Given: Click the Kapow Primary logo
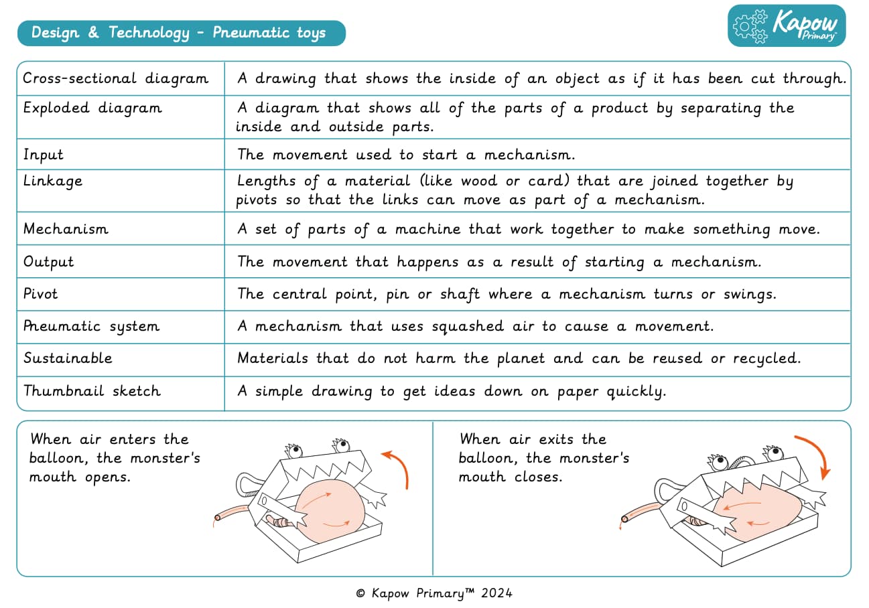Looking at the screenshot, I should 787,26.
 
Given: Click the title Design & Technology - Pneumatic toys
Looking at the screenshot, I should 178,33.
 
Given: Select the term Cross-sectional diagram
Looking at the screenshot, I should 116,78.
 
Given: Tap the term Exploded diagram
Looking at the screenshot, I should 92,108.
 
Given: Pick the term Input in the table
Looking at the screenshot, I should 44,155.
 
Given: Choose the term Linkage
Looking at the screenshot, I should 53,181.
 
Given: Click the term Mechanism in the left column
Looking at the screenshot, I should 66,229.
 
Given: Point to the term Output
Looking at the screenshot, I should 49,262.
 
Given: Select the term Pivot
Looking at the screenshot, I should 41,294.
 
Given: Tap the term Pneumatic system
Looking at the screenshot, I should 92,327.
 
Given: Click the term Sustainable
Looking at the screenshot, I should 68,358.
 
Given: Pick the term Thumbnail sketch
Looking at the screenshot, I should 92,391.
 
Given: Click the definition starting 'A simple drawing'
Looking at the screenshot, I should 452,392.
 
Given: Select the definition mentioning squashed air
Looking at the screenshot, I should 476,327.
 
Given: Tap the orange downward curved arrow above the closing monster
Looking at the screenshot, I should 813,455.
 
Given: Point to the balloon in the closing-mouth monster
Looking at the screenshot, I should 757,516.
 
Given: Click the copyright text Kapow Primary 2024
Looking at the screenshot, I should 434,593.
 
